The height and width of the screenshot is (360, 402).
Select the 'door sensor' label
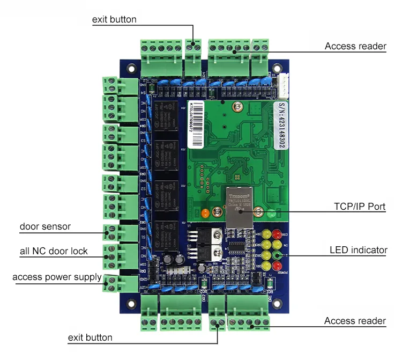point(45,226)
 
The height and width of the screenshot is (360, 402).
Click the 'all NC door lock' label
point(54,251)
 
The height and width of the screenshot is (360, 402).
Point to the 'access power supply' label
point(57,277)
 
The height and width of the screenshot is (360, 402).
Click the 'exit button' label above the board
point(114,19)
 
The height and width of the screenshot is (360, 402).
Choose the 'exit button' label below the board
point(90,337)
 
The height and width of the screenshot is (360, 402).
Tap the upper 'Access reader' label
point(355,46)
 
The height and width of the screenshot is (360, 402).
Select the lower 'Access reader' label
point(354,321)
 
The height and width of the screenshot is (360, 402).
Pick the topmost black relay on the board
point(166,115)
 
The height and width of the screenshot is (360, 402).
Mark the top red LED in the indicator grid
point(277,234)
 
